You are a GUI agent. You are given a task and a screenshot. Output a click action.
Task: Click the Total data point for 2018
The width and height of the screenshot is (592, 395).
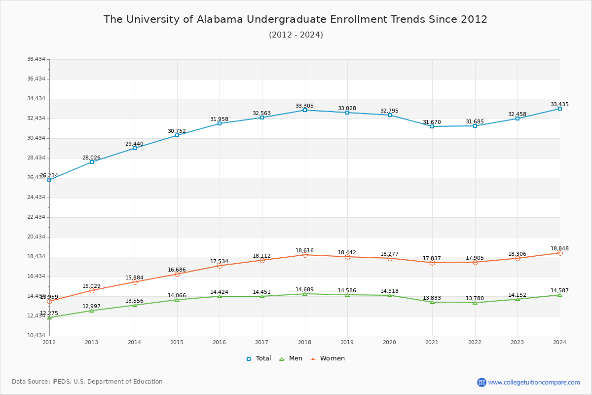click(x=305, y=110)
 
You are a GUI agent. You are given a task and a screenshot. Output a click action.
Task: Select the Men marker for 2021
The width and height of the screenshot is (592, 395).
click(x=432, y=302)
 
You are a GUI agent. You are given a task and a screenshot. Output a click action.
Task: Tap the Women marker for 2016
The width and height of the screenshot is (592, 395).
click(x=220, y=266)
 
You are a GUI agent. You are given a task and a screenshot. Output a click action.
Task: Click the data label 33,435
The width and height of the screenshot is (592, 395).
click(x=559, y=104)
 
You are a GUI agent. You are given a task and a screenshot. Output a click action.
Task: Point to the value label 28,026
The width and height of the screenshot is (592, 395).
click(x=91, y=158)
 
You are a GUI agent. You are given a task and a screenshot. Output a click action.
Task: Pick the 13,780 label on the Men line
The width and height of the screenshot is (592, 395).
click(x=475, y=298)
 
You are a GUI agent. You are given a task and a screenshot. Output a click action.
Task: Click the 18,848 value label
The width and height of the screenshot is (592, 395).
click(x=559, y=249)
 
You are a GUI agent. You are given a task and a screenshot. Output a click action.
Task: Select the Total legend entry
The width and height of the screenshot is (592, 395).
click(x=259, y=358)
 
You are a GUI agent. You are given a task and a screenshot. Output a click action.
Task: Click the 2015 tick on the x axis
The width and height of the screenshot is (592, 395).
click(x=177, y=342)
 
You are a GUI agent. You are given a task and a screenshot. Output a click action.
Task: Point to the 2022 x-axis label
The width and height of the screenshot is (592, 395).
click(x=475, y=342)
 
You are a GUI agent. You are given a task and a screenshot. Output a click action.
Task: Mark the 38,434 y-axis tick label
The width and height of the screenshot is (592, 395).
click(x=36, y=59)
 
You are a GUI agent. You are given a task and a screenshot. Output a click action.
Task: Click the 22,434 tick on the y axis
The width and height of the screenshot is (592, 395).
click(x=36, y=217)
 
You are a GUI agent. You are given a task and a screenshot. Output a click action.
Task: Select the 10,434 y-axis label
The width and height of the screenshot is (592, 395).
click(x=36, y=336)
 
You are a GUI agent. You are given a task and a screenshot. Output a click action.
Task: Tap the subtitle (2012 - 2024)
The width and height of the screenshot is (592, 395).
click(x=296, y=35)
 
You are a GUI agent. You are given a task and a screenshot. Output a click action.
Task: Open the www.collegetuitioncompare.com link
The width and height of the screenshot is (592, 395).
click(x=534, y=382)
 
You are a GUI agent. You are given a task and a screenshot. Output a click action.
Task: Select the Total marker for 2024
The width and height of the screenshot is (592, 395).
click(x=560, y=109)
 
